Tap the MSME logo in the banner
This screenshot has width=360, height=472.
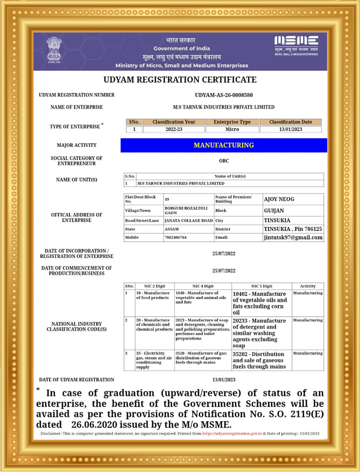click(296, 46)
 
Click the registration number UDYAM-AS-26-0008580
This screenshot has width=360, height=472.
click(224, 95)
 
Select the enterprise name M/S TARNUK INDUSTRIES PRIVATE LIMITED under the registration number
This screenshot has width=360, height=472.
click(224, 107)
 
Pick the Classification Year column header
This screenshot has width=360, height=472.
click(174, 122)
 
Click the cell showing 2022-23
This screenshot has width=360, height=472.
click(174, 129)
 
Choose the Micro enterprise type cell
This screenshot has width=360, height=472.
click(232, 129)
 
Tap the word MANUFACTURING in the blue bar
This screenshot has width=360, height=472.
click(224, 145)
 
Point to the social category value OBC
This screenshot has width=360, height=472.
click(224, 161)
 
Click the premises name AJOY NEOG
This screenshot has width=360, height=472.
click(279, 199)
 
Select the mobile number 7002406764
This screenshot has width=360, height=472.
click(176, 237)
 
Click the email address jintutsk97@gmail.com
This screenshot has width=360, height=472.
click(293, 237)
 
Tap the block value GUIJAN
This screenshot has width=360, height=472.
click(274, 210)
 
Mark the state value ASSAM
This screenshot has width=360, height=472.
click(172, 229)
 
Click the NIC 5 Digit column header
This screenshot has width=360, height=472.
click(262, 286)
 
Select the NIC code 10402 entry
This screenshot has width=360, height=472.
click(259, 303)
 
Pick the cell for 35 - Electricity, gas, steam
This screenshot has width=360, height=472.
click(154, 360)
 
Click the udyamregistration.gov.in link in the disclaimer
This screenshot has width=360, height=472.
click(232, 433)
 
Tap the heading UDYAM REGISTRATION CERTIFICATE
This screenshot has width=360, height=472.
click(180, 80)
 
